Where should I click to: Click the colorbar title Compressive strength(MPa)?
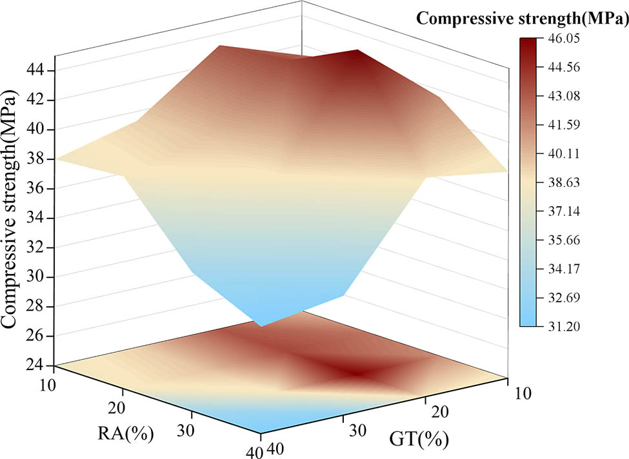click(522, 19)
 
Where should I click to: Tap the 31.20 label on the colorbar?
click(561, 326)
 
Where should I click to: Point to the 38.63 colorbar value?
click(561, 182)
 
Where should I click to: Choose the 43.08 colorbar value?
click(561, 96)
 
